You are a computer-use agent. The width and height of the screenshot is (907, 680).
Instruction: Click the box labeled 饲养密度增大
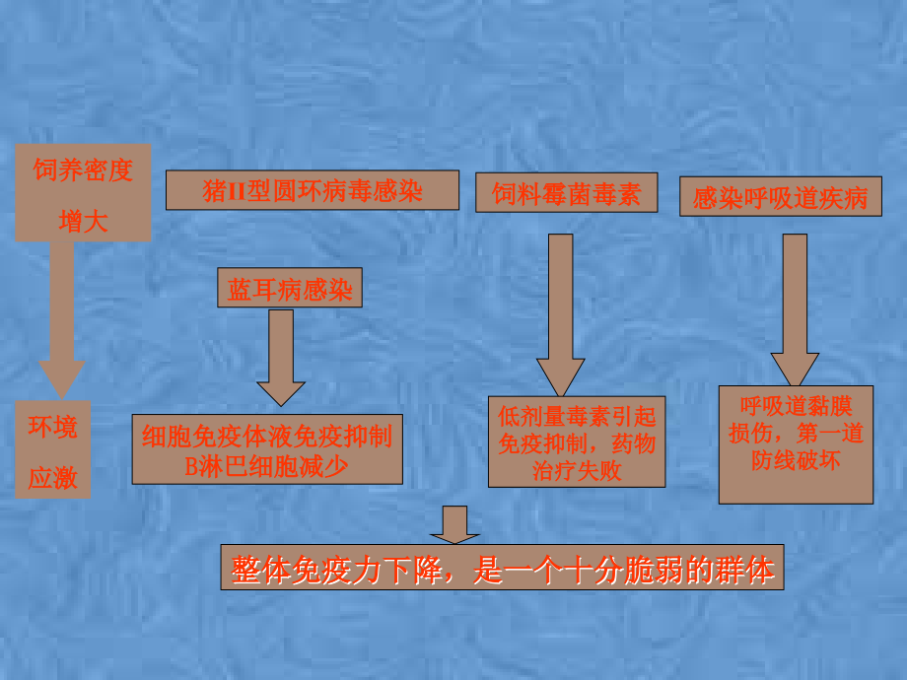coord(83,193)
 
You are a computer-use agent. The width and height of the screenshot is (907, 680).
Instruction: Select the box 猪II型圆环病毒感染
coord(312,190)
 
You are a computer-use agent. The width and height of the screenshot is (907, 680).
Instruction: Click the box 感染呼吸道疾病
coord(780,198)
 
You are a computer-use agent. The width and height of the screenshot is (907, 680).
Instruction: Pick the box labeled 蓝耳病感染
coord(289,289)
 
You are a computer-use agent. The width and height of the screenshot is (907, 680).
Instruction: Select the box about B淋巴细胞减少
coord(267,449)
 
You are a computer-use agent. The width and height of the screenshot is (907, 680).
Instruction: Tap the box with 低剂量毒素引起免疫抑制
coord(576,442)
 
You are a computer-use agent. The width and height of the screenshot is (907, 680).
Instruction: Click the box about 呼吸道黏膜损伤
coord(796,443)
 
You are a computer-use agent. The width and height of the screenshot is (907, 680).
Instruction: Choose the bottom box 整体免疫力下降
coord(502,568)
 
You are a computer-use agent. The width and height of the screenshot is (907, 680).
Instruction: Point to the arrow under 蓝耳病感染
coord(281,360)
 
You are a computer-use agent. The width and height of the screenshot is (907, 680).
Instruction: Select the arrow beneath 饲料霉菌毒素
coord(561,315)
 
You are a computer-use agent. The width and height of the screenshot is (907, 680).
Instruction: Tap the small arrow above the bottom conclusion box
coord(454,524)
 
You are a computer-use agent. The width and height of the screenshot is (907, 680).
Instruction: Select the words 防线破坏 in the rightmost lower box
coord(796,459)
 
